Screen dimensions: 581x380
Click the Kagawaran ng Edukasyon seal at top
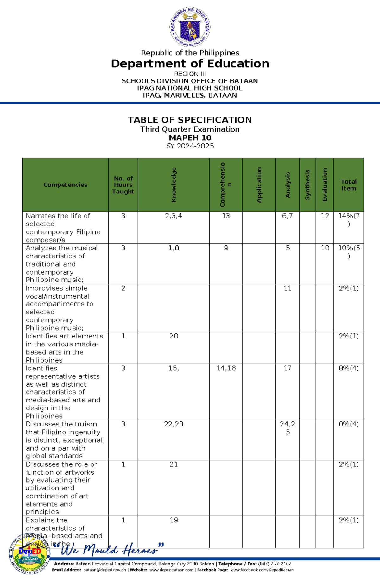pos(190,27)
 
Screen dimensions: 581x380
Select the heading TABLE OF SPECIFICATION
pos(190,120)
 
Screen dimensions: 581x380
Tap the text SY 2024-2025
pos(190,146)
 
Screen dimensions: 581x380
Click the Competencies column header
pos(65,185)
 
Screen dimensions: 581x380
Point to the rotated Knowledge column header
pos(174,185)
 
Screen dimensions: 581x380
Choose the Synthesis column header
pos(307,185)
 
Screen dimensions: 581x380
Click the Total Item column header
pos(348,185)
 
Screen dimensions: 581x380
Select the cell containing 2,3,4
pos(174,216)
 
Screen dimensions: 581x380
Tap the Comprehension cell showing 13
pos(226,216)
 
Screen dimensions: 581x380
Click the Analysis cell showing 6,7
pos(287,216)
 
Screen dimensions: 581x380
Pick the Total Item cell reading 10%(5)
pos(349,252)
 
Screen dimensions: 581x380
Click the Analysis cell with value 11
pos(287,288)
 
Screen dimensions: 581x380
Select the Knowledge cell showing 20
pos(174,336)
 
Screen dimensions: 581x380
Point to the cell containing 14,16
pos(226,368)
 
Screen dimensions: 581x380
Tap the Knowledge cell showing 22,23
pos(174,424)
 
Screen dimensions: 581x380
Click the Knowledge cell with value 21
pos(174,464)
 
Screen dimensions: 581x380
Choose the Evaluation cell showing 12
pos(325,216)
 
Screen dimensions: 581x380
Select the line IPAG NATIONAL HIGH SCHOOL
pos(190,88)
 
